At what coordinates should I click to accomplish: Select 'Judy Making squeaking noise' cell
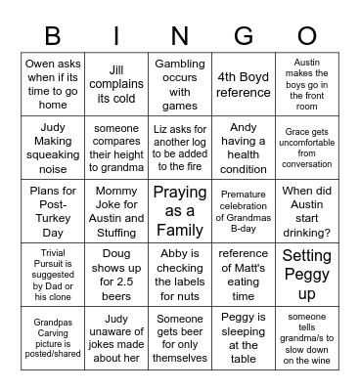53,143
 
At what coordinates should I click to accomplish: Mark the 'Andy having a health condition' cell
243,143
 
